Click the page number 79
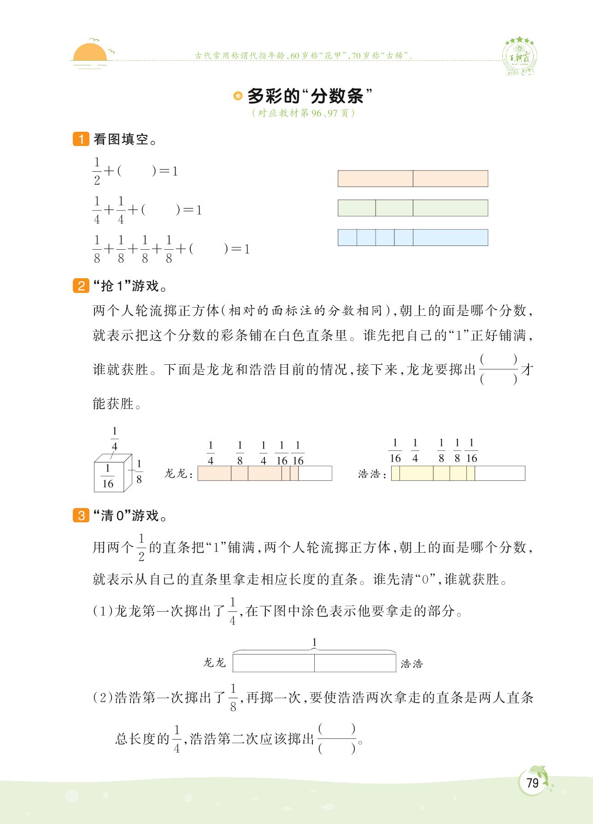[532, 783]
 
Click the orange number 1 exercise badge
[81, 139]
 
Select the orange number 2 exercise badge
[81, 286]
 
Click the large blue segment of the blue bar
[450, 237]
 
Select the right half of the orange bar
[450, 179]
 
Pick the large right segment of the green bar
[450, 208]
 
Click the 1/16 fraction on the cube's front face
[108, 476]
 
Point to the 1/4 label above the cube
[115, 439]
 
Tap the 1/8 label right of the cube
[139, 471]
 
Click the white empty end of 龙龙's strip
[315, 473]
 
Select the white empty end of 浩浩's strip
[499, 473]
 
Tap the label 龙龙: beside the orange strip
[178, 474]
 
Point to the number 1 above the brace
[314, 642]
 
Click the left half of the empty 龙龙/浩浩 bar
[274, 663]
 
